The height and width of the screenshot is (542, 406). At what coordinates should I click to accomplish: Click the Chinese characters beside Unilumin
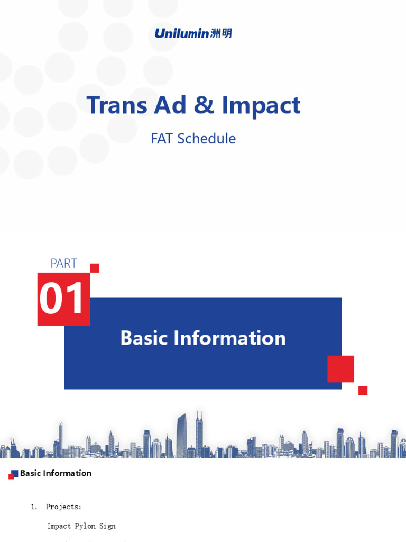[x=221, y=33]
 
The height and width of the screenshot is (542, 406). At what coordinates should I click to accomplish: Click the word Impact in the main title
[x=261, y=106]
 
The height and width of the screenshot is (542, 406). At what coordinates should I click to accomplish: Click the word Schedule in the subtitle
[x=207, y=139]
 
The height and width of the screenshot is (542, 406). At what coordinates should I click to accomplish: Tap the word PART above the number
[x=63, y=263]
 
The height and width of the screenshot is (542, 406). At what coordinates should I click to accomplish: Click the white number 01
[x=62, y=299]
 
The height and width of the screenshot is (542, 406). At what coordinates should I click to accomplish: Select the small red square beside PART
[x=95, y=268]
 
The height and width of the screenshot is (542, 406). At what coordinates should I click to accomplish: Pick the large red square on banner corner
[x=340, y=369]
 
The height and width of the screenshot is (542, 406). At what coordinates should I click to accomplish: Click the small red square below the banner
[x=363, y=391]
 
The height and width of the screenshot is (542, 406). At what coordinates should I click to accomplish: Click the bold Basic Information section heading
[x=56, y=473]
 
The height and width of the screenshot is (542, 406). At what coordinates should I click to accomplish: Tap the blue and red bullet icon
[x=13, y=474]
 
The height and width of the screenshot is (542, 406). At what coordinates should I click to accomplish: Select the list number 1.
[x=34, y=507]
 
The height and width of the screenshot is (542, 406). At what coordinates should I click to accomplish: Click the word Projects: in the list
[x=63, y=507]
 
